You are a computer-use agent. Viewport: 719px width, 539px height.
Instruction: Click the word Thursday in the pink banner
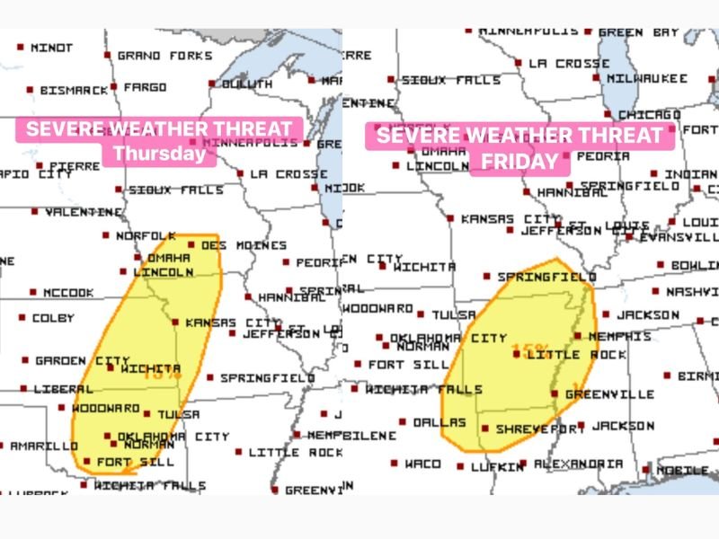coord(159,154)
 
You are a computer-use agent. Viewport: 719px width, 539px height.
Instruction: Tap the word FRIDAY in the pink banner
coord(519,163)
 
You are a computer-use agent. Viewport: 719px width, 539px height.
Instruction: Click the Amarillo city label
coord(43,446)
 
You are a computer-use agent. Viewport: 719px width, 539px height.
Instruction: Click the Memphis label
coord(619,336)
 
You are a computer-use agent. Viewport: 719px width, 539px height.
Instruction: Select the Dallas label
coord(440,422)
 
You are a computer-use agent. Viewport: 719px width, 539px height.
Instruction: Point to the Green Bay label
coord(638,32)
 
